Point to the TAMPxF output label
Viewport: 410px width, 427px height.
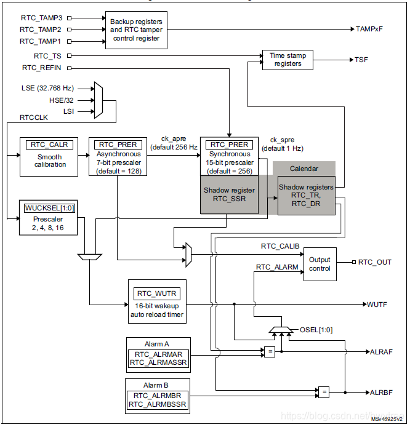(369, 29)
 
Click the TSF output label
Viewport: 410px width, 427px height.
(362, 60)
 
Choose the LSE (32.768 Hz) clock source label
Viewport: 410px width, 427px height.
(48, 88)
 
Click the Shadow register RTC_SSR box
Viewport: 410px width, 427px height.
(229, 194)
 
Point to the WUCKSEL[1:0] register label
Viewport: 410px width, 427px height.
(48, 208)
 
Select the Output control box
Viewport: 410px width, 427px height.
(320, 264)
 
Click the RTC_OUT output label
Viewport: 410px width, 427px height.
(376, 262)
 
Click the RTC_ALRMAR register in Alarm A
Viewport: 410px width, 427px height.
(158, 354)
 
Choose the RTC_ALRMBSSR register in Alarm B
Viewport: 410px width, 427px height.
(158, 404)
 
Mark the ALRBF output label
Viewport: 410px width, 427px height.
(382, 392)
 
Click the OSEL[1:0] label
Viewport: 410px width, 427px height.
(316, 330)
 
